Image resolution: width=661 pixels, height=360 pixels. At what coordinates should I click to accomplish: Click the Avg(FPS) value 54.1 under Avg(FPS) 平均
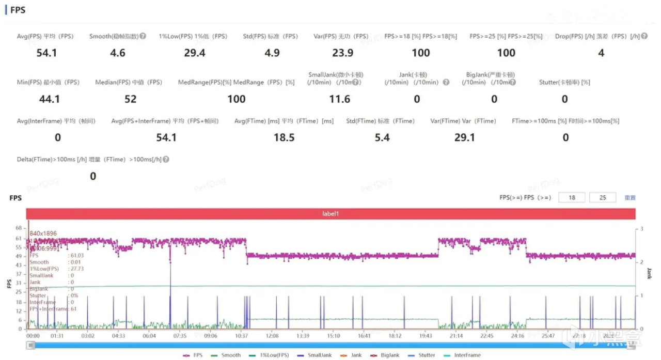pos(47,53)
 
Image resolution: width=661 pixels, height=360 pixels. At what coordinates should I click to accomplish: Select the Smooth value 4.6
pos(118,53)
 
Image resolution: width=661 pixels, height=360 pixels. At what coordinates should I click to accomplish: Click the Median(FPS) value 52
pos(130,99)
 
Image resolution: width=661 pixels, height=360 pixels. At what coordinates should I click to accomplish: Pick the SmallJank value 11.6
pos(339,99)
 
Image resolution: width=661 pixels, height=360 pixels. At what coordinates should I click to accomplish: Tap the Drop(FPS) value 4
pos(601,53)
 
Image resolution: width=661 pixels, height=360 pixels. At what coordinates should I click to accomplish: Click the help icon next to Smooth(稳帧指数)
pos(143,37)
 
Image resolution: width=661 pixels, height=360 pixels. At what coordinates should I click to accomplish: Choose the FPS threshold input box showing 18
pos(571,197)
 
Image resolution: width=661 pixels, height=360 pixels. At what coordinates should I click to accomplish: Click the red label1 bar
pos(330,213)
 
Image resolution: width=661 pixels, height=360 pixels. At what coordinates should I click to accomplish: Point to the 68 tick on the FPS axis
pos(19,228)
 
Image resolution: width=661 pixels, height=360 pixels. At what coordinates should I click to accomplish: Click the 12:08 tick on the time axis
pos(272,335)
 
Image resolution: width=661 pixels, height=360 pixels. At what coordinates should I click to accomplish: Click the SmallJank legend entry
pos(316,355)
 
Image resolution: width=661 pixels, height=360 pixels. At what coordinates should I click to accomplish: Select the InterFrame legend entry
pos(464,355)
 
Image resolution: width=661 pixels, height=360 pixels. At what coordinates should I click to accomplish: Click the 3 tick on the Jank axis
pos(641,228)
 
